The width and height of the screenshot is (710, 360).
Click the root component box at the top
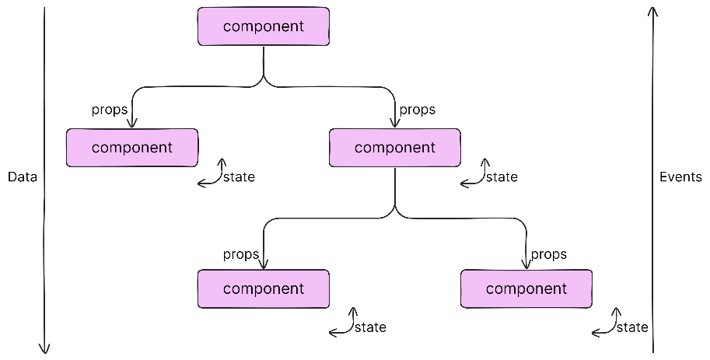click(x=264, y=26)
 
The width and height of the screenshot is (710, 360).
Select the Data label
click(x=23, y=177)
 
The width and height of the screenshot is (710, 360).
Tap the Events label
click(x=680, y=177)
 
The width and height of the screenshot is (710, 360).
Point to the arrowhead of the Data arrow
click(x=44, y=348)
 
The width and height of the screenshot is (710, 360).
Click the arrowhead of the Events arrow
click(x=652, y=12)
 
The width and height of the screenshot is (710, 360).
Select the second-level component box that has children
click(x=395, y=148)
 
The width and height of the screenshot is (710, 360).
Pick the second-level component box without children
click(x=132, y=148)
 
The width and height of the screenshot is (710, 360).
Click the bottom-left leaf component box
click(x=264, y=289)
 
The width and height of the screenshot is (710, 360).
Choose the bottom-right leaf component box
click(x=526, y=289)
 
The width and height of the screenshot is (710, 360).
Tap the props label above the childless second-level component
click(x=110, y=110)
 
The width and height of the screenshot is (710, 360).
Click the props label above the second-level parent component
click(x=418, y=110)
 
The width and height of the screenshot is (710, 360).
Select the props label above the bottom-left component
click(x=241, y=254)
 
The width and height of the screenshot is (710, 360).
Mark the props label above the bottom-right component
click(x=549, y=254)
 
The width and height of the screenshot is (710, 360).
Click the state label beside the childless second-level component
click(x=239, y=177)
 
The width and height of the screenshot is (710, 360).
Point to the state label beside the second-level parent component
click(x=502, y=177)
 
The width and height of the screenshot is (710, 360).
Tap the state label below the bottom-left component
click(x=370, y=327)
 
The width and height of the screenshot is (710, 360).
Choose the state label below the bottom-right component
click(x=632, y=327)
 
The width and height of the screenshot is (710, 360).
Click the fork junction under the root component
click(x=264, y=81)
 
